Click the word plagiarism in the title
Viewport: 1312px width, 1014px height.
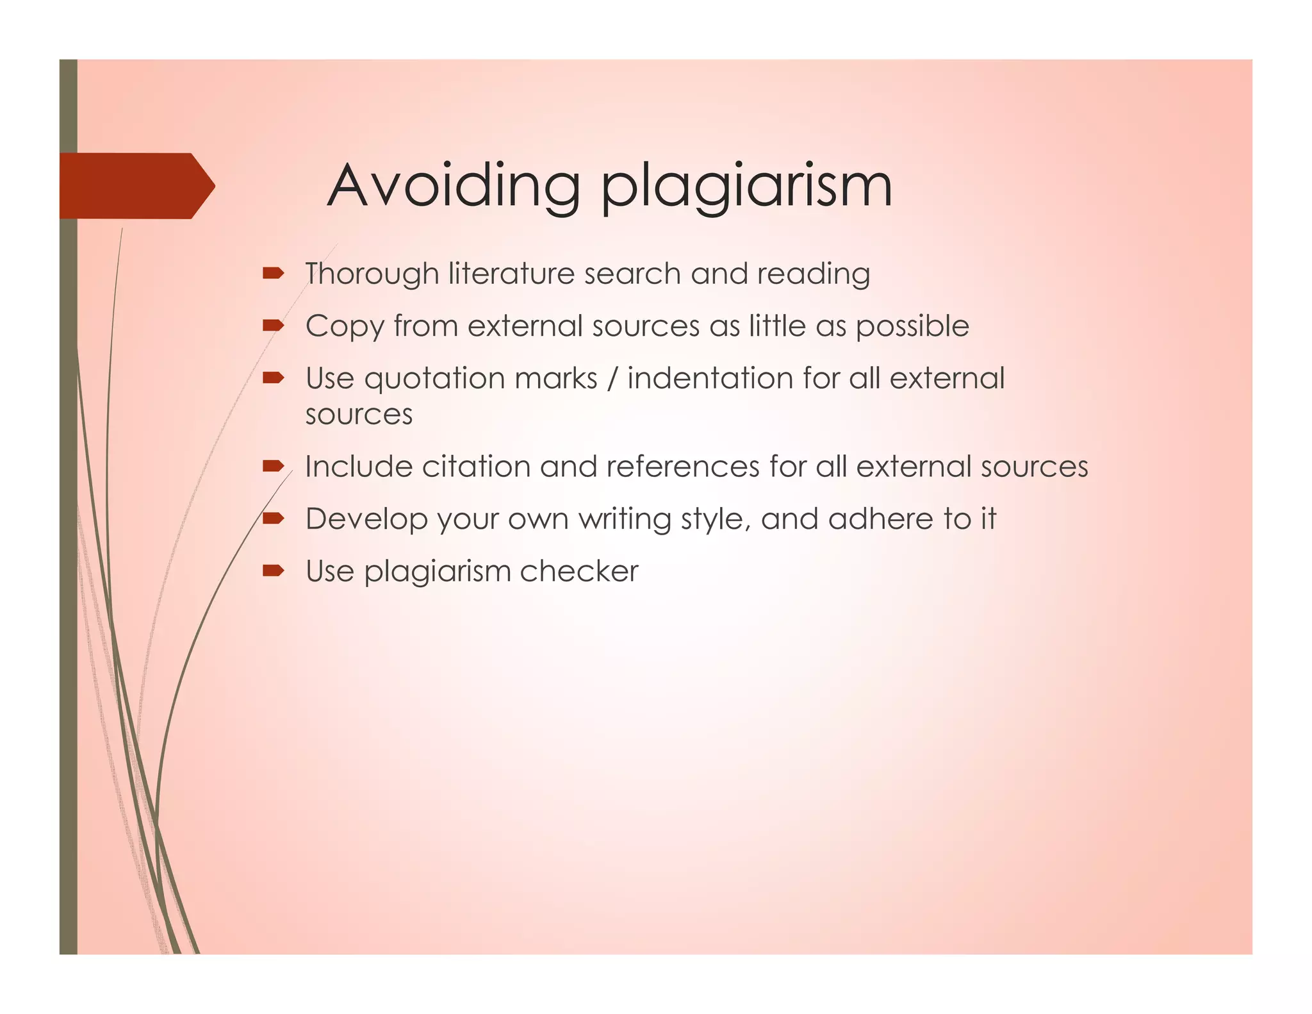(746, 187)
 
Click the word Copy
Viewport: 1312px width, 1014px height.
(344, 327)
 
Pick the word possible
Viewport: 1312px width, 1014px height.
(912, 327)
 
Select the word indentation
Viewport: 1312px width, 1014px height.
(710, 378)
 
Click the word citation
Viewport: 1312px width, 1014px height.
(476, 467)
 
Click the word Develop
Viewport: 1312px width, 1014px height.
(366, 519)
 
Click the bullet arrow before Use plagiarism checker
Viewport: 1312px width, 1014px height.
(273, 570)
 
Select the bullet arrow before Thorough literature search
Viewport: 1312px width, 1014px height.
(273, 274)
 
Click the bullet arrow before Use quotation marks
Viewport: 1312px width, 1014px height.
(273, 378)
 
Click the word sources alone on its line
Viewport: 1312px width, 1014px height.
(359, 415)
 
